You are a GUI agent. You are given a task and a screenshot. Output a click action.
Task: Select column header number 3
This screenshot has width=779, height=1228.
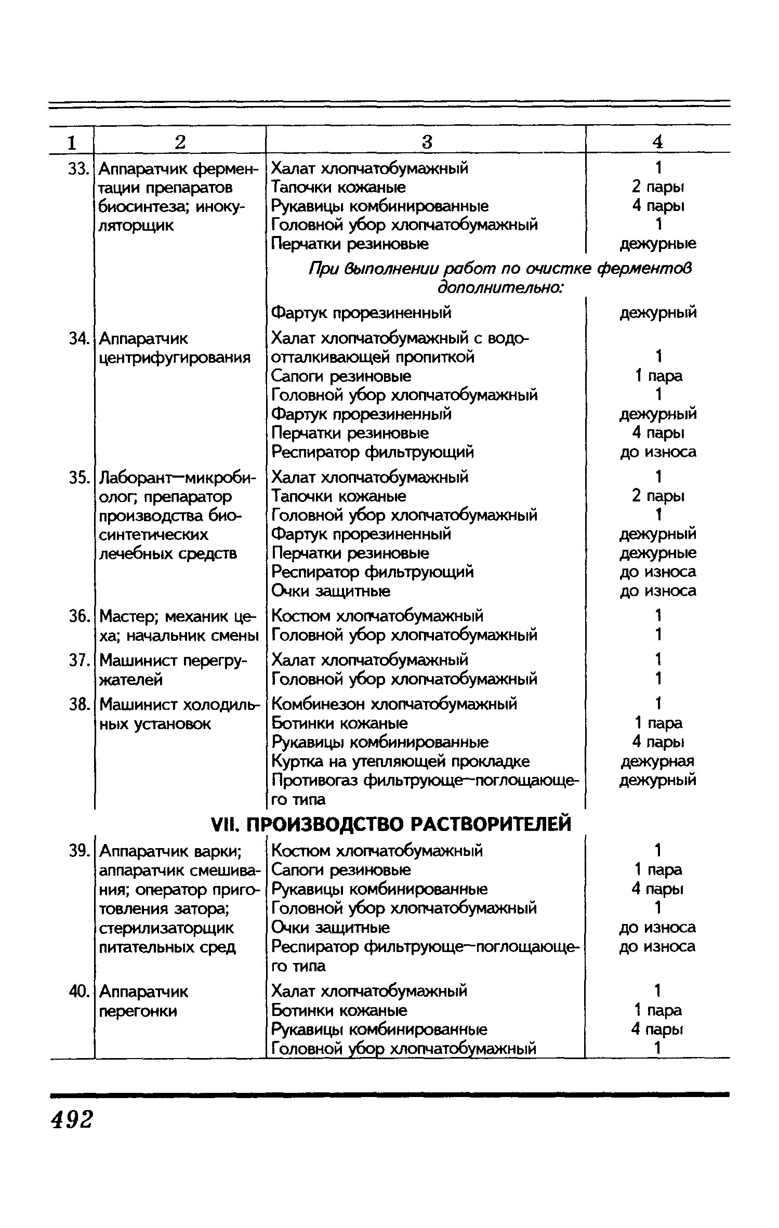(x=426, y=142)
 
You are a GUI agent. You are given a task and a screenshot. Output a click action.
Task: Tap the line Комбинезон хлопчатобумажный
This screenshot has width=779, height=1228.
(x=394, y=704)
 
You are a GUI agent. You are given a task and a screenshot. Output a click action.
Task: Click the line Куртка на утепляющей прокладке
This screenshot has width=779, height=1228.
(x=401, y=761)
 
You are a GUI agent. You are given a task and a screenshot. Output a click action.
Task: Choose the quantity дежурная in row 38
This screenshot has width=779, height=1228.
(x=657, y=761)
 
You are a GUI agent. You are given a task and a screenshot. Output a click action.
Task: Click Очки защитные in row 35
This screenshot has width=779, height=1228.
(x=331, y=591)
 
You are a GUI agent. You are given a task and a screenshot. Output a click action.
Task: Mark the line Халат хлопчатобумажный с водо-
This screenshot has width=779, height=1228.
(x=400, y=339)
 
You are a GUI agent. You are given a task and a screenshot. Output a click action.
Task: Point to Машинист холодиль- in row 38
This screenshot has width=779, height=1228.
(x=179, y=705)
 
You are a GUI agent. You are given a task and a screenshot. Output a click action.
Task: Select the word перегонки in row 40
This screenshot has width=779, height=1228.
(x=138, y=1011)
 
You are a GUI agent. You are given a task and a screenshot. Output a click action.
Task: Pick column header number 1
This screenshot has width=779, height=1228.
(x=72, y=142)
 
